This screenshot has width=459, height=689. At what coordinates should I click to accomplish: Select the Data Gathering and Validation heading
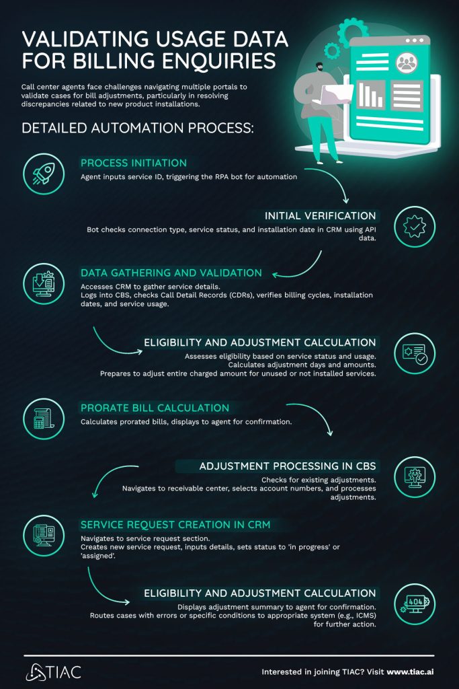(x=171, y=273)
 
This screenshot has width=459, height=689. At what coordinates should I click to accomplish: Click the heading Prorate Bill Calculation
(x=155, y=408)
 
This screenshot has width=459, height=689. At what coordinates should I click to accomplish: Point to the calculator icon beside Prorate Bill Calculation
(x=44, y=419)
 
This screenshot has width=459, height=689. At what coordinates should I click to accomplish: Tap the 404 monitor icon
(x=414, y=601)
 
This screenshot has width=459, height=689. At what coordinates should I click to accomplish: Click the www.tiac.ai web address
(x=410, y=672)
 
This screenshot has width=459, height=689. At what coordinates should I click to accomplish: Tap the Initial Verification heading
(x=320, y=216)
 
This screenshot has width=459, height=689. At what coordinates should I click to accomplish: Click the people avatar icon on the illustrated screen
(x=407, y=63)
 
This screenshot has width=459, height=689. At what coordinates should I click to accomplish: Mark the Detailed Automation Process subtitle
(x=138, y=129)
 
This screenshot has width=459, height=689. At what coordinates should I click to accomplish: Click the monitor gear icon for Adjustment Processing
(x=414, y=477)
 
